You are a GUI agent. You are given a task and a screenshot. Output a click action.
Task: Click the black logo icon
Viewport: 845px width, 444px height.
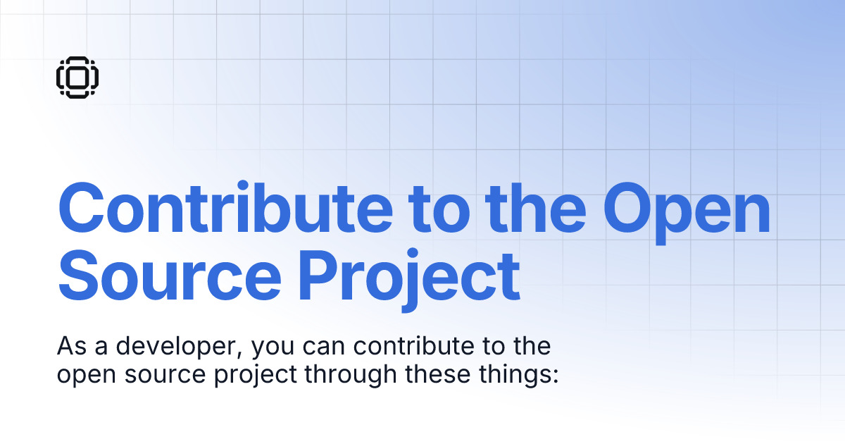[x=77, y=76]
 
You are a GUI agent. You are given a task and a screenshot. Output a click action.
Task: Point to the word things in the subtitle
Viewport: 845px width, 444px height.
[x=511, y=374]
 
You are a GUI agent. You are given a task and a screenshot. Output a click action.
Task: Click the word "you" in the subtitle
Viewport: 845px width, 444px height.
[x=271, y=349]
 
